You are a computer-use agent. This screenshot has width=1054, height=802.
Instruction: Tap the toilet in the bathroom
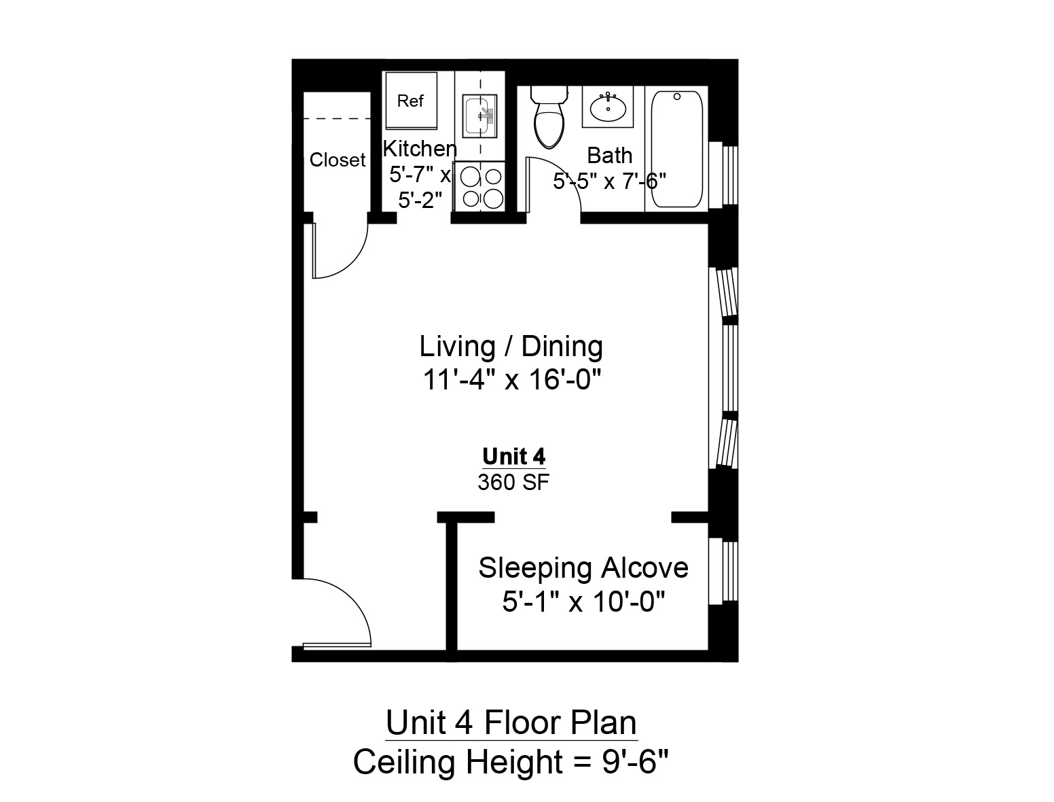click(549, 120)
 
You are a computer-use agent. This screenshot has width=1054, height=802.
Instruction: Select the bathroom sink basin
click(608, 107)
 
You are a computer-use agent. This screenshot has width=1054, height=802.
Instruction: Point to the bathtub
click(677, 150)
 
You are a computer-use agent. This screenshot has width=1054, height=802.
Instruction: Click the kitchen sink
click(479, 115)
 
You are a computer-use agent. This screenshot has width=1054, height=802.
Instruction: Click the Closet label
click(338, 160)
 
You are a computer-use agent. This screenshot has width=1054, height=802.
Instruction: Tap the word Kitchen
click(420, 148)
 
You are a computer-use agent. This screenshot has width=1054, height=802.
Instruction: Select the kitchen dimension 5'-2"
click(420, 201)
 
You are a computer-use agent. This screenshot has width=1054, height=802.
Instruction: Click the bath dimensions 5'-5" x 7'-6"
click(609, 181)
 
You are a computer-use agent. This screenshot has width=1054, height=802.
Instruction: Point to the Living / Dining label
click(511, 347)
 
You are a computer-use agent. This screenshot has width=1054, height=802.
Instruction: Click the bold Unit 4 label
click(513, 456)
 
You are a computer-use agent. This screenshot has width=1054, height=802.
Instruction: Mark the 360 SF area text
click(513, 483)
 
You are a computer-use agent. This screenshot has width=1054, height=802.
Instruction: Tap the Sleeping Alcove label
click(583, 568)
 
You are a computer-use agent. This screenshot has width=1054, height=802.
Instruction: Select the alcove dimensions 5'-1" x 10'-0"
click(583, 601)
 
